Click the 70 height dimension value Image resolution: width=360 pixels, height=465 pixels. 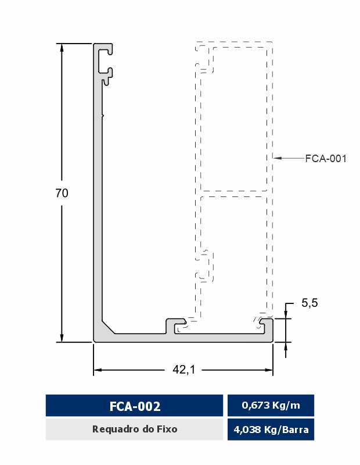click(x=62, y=193)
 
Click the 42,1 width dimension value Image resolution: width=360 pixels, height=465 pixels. click(x=183, y=370)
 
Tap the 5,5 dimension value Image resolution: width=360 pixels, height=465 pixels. click(x=309, y=303)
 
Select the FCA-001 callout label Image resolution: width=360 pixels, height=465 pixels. click(x=326, y=158)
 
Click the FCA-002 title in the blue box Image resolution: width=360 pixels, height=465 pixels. click(x=135, y=406)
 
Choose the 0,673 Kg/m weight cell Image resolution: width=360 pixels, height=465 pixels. click(x=271, y=405)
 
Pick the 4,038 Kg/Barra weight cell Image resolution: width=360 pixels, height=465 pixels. click(x=271, y=430)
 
